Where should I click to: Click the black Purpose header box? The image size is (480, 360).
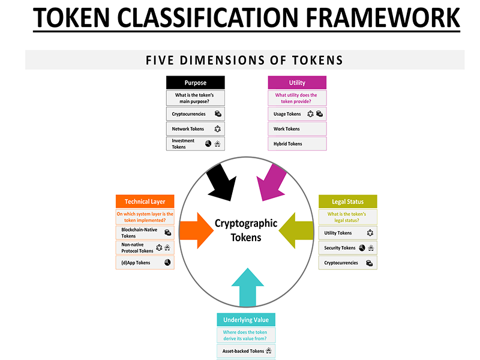pyautogui.click(x=196, y=83)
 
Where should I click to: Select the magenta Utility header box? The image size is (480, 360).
pyautogui.click(x=297, y=83)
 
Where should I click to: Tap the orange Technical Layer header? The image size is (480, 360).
pyautogui.click(x=145, y=202)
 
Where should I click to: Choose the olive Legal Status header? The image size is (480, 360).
pyautogui.click(x=348, y=202)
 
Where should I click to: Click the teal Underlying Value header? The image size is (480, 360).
pyautogui.click(x=246, y=320)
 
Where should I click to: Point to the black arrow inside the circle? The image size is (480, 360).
pyautogui.click(x=221, y=183)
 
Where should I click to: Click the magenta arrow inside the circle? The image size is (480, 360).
pyautogui.click(x=271, y=183)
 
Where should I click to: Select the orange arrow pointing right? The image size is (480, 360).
pyautogui.click(x=197, y=230)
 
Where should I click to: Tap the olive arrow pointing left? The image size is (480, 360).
pyautogui.click(x=296, y=230)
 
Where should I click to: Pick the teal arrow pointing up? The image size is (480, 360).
pyautogui.click(x=247, y=287)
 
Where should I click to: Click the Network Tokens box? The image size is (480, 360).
pyautogui.click(x=196, y=129)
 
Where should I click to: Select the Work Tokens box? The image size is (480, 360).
pyautogui.click(x=297, y=129)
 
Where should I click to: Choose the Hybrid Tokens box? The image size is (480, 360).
pyautogui.click(x=297, y=143)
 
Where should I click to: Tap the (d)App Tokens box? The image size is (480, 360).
pyautogui.click(x=145, y=262)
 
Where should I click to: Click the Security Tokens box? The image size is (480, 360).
pyautogui.click(x=348, y=248)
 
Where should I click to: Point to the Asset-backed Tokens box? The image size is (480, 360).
pyautogui.click(x=246, y=351)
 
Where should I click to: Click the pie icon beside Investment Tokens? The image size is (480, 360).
pyautogui.click(x=208, y=143)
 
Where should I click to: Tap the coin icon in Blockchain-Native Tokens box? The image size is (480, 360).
pyautogui.click(x=168, y=233)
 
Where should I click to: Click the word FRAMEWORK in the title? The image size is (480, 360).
pyautogui.click(x=383, y=18)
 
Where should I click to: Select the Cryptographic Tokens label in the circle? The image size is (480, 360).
pyautogui.click(x=246, y=230)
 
